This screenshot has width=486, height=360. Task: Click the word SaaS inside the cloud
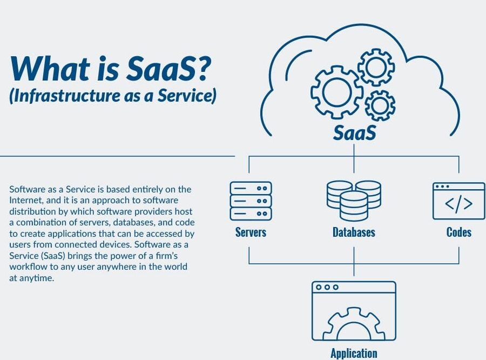[x=355, y=132]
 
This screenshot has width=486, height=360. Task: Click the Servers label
[x=251, y=232]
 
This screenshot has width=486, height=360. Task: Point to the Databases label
[x=354, y=232]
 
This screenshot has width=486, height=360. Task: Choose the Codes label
[x=458, y=232]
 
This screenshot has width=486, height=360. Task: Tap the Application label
[x=354, y=353]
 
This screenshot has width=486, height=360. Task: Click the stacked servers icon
[x=251, y=201]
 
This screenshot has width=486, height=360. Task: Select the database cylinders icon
[x=354, y=201]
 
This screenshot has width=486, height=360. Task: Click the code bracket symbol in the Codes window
[x=458, y=204]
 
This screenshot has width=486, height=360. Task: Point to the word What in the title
[x=50, y=68]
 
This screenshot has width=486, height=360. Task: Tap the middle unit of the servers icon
[x=251, y=201]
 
